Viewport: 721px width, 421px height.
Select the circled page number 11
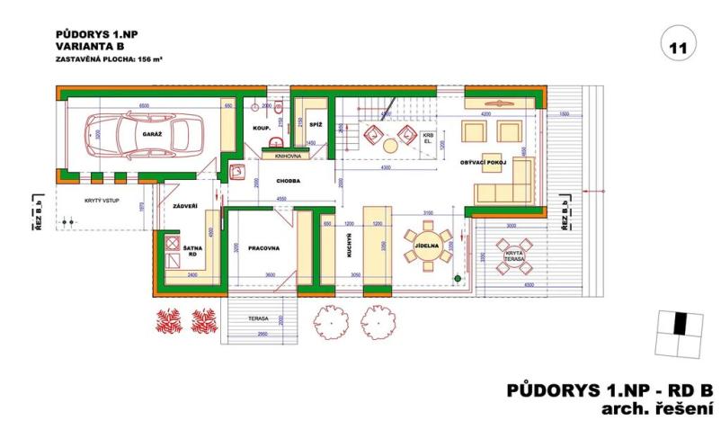point(678,46)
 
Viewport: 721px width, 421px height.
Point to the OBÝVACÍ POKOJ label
point(484,162)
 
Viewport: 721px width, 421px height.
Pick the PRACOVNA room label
point(254,246)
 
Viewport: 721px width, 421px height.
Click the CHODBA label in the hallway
point(288,181)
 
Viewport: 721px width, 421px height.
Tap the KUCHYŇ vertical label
point(347,244)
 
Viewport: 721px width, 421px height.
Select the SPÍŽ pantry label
point(316,123)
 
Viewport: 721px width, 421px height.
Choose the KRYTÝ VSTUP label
point(101,201)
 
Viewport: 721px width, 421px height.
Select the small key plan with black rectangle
point(679,332)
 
